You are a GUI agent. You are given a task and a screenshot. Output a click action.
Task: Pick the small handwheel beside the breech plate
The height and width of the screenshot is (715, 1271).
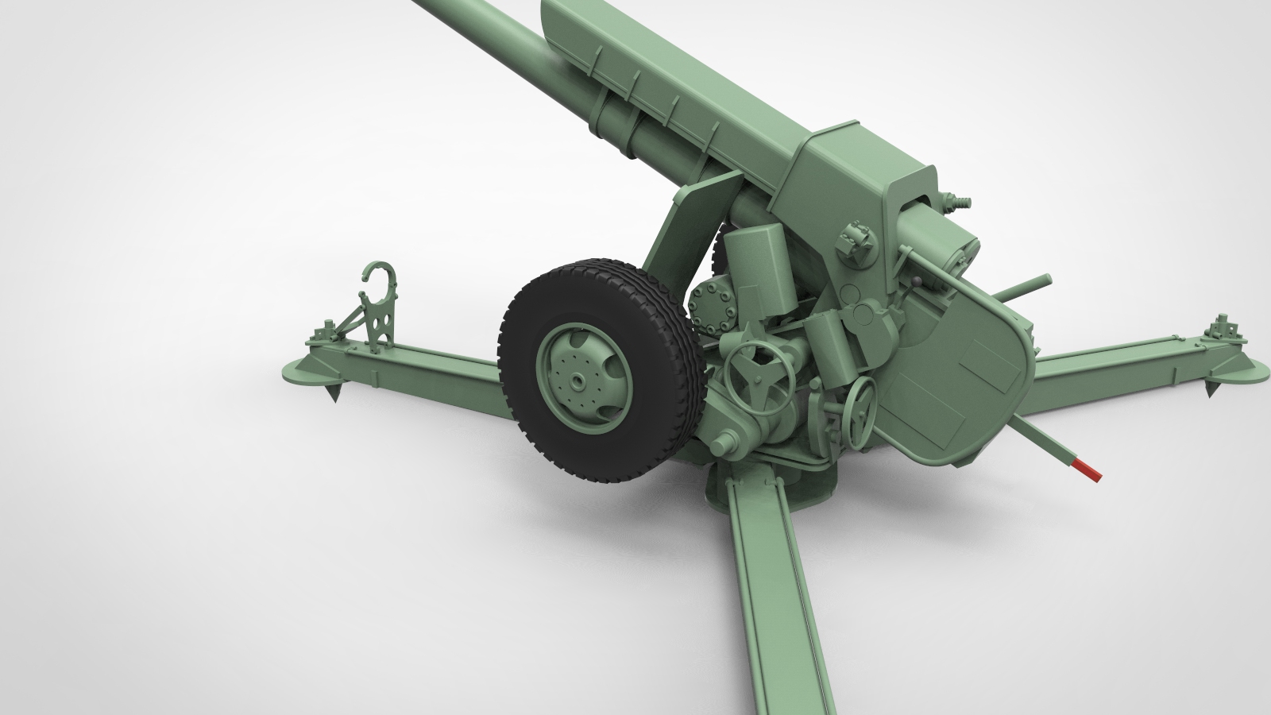point(858,412)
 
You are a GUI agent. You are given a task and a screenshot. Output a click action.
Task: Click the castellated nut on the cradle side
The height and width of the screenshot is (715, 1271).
point(856,234)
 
